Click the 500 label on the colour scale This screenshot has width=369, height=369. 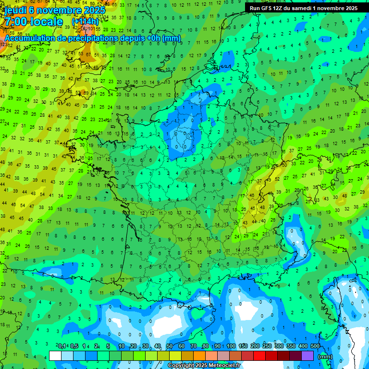click(x=315, y=346)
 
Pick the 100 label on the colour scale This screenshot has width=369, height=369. click(x=231, y=346)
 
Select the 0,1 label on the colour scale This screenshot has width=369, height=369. click(x=62, y=346)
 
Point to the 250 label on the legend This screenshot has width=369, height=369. click(x=267, y=346)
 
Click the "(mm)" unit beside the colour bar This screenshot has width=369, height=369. click(x=325, y=357)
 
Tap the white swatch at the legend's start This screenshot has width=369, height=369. click(x=55, y=356)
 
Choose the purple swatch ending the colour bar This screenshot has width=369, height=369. click(x=307, y=356)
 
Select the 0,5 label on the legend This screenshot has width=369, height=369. click(x=74, y=346)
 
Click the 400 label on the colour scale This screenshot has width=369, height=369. click(x=303, y=346)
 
